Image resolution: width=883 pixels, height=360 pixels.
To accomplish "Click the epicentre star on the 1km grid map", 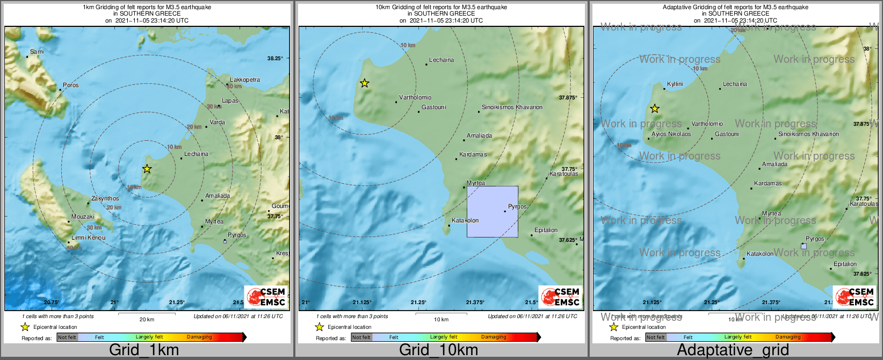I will coord(147,169).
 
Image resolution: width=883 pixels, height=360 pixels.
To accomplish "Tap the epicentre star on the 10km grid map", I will coord(365,83).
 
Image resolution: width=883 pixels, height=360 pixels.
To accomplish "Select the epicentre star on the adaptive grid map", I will coord(655,109).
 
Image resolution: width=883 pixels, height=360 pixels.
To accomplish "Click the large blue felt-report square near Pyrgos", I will coord(493,212).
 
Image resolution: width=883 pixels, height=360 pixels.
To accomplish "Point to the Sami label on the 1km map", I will coord(37,52).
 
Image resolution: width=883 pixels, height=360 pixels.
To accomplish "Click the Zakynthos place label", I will coord(105,199).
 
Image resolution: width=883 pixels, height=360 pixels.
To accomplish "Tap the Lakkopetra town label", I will coord(245,80).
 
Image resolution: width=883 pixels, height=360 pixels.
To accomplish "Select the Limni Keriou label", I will coord(89,237).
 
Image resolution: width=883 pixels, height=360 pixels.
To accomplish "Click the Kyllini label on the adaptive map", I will coord(675,84).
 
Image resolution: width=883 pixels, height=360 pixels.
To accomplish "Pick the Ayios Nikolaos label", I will coord(671,134).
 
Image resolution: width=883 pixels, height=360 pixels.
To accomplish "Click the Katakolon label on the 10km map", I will coord(465,221).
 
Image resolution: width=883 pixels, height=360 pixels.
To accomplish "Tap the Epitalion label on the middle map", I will coord(546,231).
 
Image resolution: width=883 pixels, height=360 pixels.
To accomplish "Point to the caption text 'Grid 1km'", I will coord(144,350).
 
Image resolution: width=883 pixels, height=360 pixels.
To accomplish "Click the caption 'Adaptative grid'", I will coord(733,350).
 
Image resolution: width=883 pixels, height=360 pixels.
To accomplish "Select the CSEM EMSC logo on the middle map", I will coord(561,297).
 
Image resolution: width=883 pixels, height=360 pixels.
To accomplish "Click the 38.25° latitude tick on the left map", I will coord(275,59).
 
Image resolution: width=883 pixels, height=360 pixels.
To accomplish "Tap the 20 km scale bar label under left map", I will coord(147,320).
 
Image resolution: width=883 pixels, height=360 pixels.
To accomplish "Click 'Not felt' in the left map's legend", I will coord(67,337).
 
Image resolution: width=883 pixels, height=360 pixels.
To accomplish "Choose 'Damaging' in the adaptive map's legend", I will coord(788,337).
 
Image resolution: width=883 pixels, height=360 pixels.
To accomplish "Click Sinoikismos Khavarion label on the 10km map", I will coord(512,107).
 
